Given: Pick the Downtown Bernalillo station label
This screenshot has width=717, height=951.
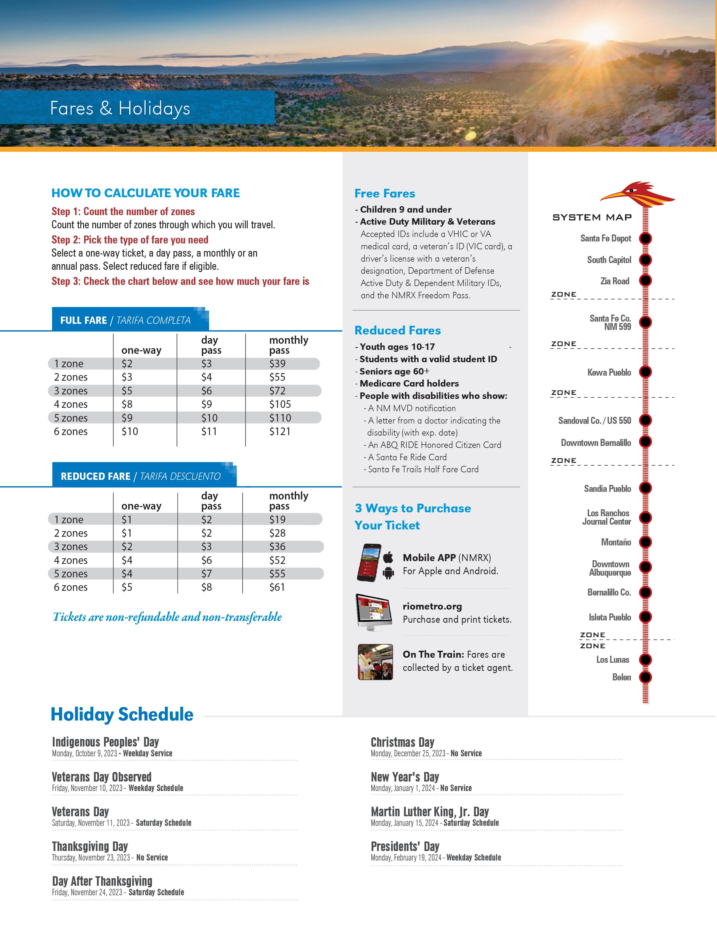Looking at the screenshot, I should tap(596, 442).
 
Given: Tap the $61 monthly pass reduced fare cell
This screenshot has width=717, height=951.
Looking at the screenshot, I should tap(277, 587).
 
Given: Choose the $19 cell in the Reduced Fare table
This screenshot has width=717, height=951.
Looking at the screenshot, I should tap(277, 519).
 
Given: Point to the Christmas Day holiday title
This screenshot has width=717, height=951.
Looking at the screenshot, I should tap(402, 742).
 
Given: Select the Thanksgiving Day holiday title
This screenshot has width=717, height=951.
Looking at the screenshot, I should tap(90, 846).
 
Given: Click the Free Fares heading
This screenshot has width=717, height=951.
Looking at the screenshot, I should tap(385, 194).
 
